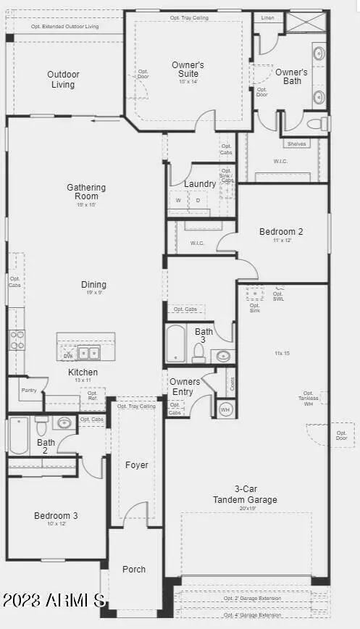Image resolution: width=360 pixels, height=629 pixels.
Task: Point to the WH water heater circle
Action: [225, 409]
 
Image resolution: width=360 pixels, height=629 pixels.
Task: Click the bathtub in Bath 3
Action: [175, 343]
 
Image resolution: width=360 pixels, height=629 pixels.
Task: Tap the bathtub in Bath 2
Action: [18, 436]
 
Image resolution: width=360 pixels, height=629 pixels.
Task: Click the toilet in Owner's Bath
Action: [317, 124]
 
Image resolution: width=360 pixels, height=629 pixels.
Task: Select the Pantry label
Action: [28, 390]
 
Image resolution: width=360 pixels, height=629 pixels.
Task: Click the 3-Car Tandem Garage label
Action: [245, 495]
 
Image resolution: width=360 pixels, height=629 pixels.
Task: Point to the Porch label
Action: [134, 570]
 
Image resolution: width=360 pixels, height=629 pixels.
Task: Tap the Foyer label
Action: [137, 465]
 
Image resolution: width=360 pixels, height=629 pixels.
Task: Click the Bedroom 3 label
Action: [56, 516]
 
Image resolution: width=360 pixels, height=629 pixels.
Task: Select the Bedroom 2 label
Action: [281, 232]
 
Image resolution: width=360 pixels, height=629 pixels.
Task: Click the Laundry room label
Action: [199, 184]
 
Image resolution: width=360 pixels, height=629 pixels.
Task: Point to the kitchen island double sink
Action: [91, 353]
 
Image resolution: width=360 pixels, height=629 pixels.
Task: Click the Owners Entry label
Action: [181, 387]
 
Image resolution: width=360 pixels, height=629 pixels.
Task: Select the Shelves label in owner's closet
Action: [296, 144]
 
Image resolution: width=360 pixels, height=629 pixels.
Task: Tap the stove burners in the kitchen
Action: [17, 339]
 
